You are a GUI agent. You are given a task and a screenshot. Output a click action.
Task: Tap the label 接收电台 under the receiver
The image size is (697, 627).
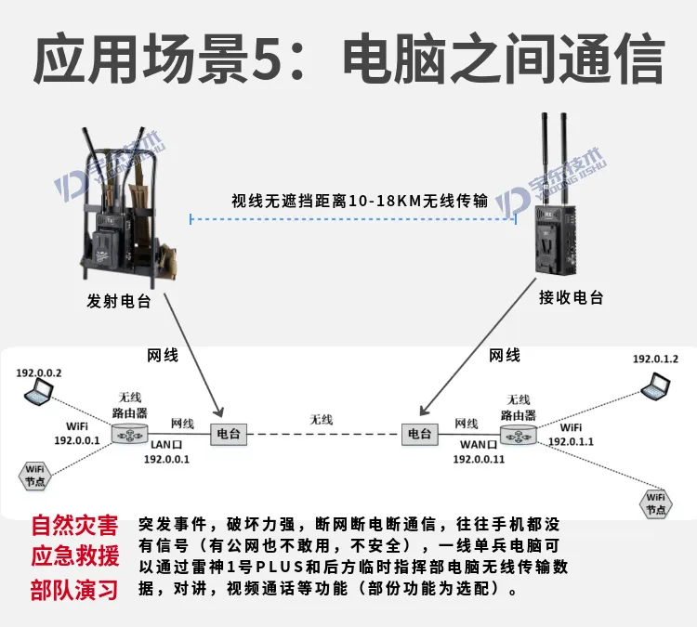click(x=571, y=297)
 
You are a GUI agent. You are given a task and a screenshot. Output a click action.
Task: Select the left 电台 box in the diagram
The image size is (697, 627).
click(x=228, y=434)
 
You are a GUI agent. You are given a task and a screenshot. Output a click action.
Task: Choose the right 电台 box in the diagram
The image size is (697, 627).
click(x=420, y=434)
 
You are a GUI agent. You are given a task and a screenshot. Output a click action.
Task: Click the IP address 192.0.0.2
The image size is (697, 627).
click(x=38, y=372)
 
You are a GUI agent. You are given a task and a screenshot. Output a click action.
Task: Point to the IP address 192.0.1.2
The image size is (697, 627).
click(x=655, y=359)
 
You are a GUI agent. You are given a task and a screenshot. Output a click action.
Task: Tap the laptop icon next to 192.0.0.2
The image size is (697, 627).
click(x=39, y=391)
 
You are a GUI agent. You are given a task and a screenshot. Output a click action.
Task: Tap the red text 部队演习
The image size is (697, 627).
click(x=74, y=590)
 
